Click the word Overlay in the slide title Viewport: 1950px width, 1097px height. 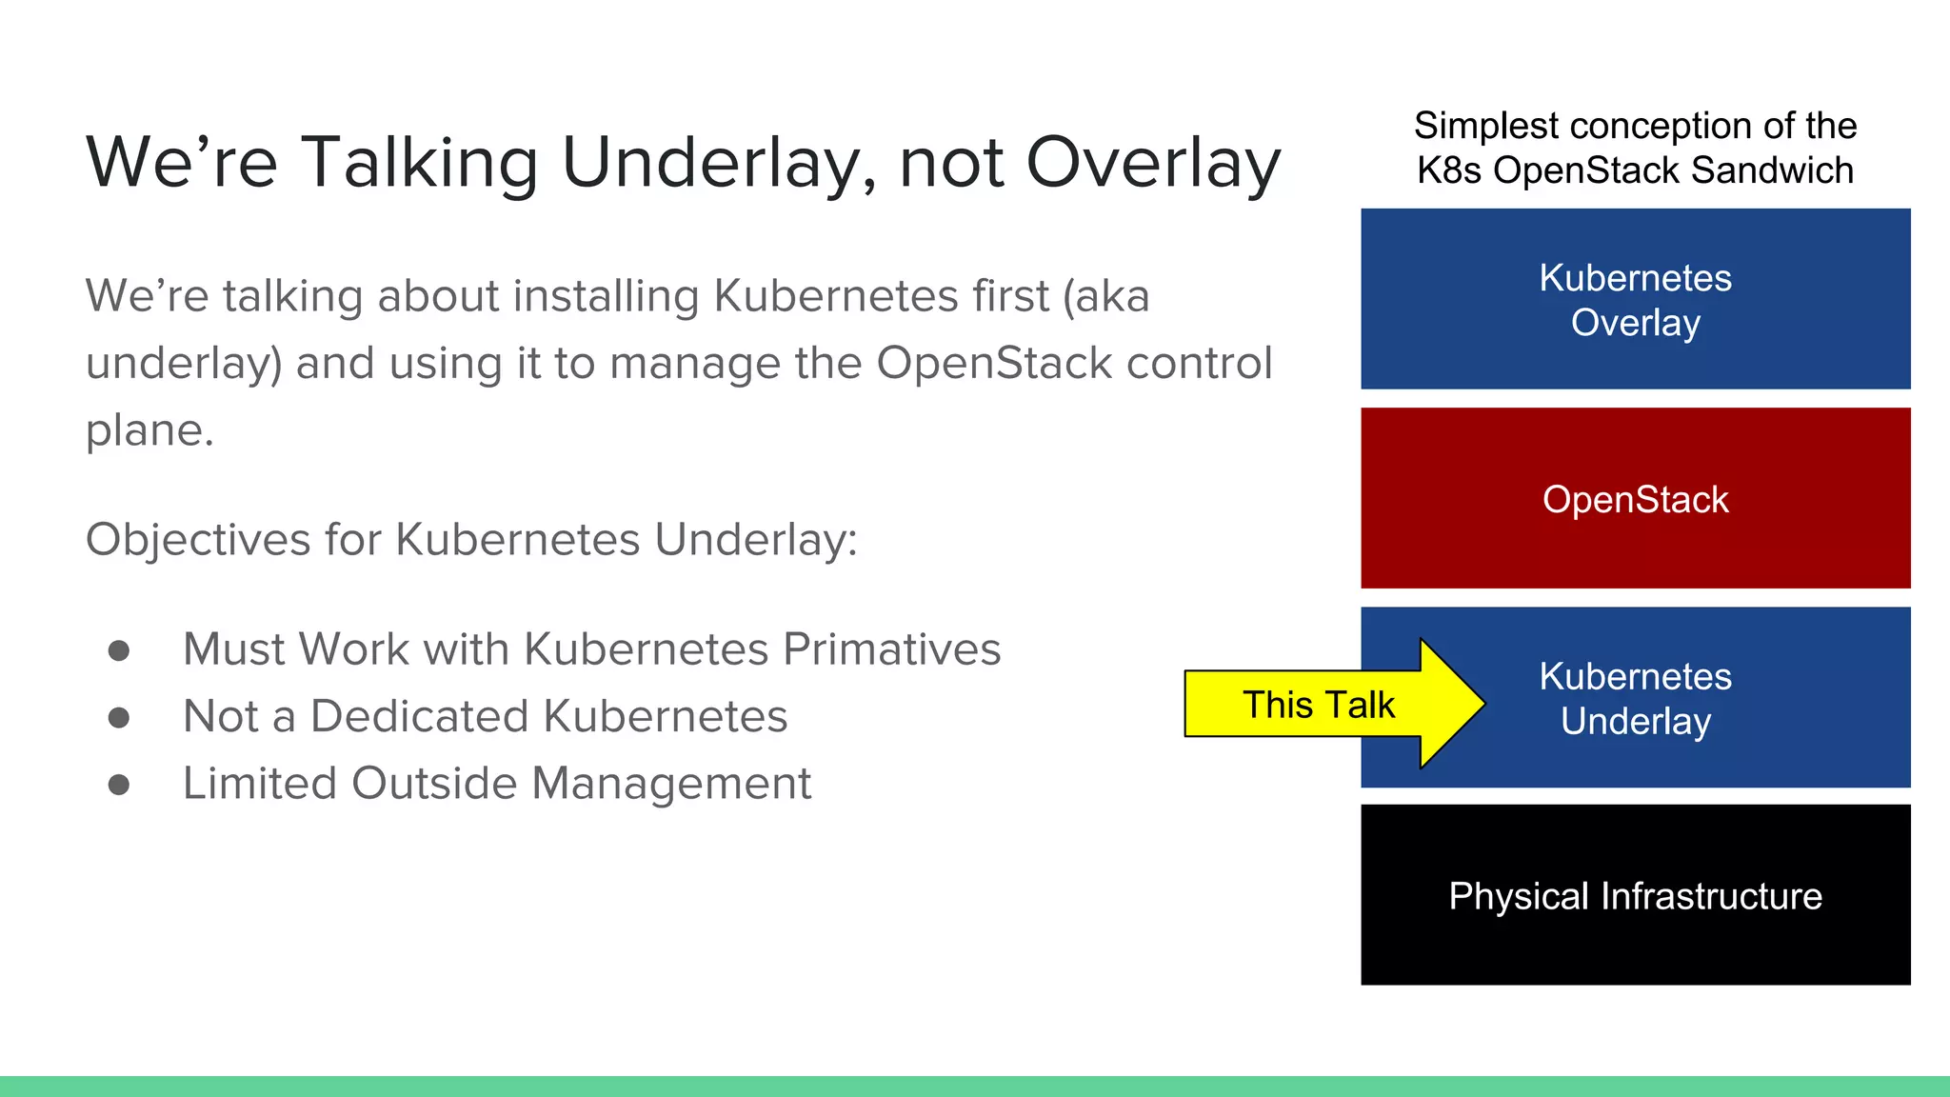click(x=1153, y=164)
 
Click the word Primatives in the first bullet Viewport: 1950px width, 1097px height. click(x=891, y=649)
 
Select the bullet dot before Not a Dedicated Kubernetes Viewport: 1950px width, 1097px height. click(x=119, y=717)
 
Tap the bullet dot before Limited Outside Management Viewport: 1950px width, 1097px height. click(x=119, y=785)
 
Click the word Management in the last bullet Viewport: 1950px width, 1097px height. click(x=671, y=784)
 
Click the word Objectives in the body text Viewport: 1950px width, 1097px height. click(x=198, y=540)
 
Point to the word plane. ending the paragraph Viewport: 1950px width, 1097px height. click(x=149, y=430)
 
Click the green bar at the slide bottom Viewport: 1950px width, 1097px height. click(x=975, y=1087)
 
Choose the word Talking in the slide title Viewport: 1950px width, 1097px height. click(x=420, y=164)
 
